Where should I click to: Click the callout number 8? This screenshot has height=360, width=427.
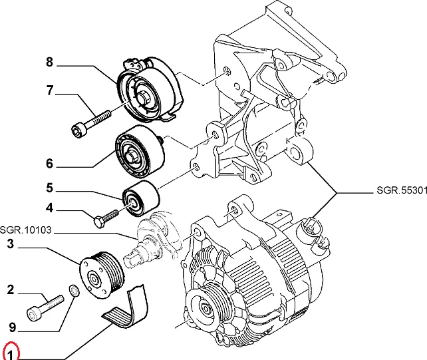(49, 63)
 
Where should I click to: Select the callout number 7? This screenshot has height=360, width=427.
(49, 91)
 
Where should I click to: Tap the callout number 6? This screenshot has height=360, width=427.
(49, 163)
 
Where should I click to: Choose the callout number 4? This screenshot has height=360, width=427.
(49, 208)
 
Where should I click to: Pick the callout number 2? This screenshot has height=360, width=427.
(10, 289)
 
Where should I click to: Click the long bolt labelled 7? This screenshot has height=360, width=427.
(92, 122)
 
